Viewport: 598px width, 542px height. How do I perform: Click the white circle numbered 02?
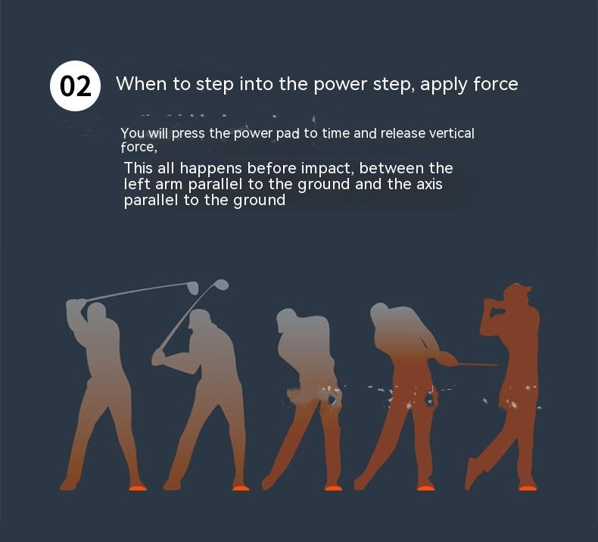click(75, 86)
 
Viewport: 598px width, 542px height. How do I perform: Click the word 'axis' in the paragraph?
click(429, 184)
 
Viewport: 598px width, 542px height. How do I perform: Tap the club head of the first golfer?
click(193, 288)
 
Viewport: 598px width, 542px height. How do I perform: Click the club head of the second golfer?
click(221, 284)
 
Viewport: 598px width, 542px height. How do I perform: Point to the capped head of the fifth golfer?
click(517, 294)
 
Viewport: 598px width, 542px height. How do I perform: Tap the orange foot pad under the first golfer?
click(138, 487)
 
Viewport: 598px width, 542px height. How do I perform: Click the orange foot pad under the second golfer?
click(241, 487)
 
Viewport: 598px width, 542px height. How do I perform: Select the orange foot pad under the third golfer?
click(333, 487)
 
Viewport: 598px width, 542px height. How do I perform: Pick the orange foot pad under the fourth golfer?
click(425, 487)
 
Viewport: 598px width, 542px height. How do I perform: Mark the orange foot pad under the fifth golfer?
click(528, 487)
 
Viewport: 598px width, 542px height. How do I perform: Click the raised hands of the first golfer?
click(76, 304)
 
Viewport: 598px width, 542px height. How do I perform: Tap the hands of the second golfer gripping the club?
click(158, 357)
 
